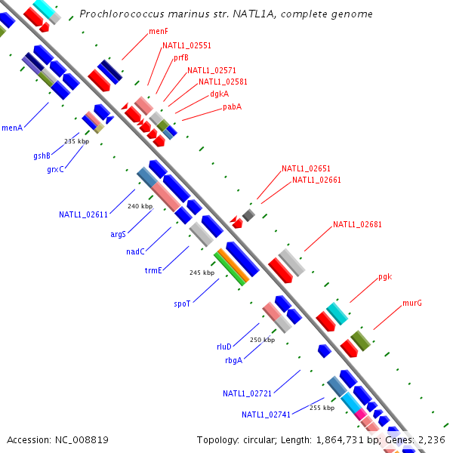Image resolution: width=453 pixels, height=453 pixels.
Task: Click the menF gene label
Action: click(x=158, y=31)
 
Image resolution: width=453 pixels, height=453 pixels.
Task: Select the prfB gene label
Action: click(x=180, y=57)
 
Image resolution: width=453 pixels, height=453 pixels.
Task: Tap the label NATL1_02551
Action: click(x=186, y=45)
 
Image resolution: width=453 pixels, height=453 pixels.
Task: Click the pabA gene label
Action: click(x=232, y=106)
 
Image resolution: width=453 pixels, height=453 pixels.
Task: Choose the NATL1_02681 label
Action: click(x=357, y=224)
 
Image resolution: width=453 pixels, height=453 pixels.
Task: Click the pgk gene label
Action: click(x=385, y=277)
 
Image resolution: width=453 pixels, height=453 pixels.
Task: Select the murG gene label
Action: click(x=411, y=303)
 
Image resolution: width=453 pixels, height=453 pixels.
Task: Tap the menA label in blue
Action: click(x=12, y=128)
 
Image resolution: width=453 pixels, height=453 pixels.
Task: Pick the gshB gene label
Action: click(x=42, y=156)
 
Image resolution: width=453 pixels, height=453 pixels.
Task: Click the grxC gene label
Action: click(x=55, y=169)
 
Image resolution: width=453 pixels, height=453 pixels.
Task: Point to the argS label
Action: click(x=118, y=234)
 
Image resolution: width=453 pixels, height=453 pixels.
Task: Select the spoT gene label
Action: click(x=182, y=304)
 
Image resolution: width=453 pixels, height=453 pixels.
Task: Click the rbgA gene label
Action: click(x=233, y=360)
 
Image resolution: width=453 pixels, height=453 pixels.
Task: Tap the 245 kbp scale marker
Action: click(x=202, y=273)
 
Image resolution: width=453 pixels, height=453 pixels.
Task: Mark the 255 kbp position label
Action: click(x=322, y=408)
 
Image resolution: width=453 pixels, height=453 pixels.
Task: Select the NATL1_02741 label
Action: click(x=266, y=414)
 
